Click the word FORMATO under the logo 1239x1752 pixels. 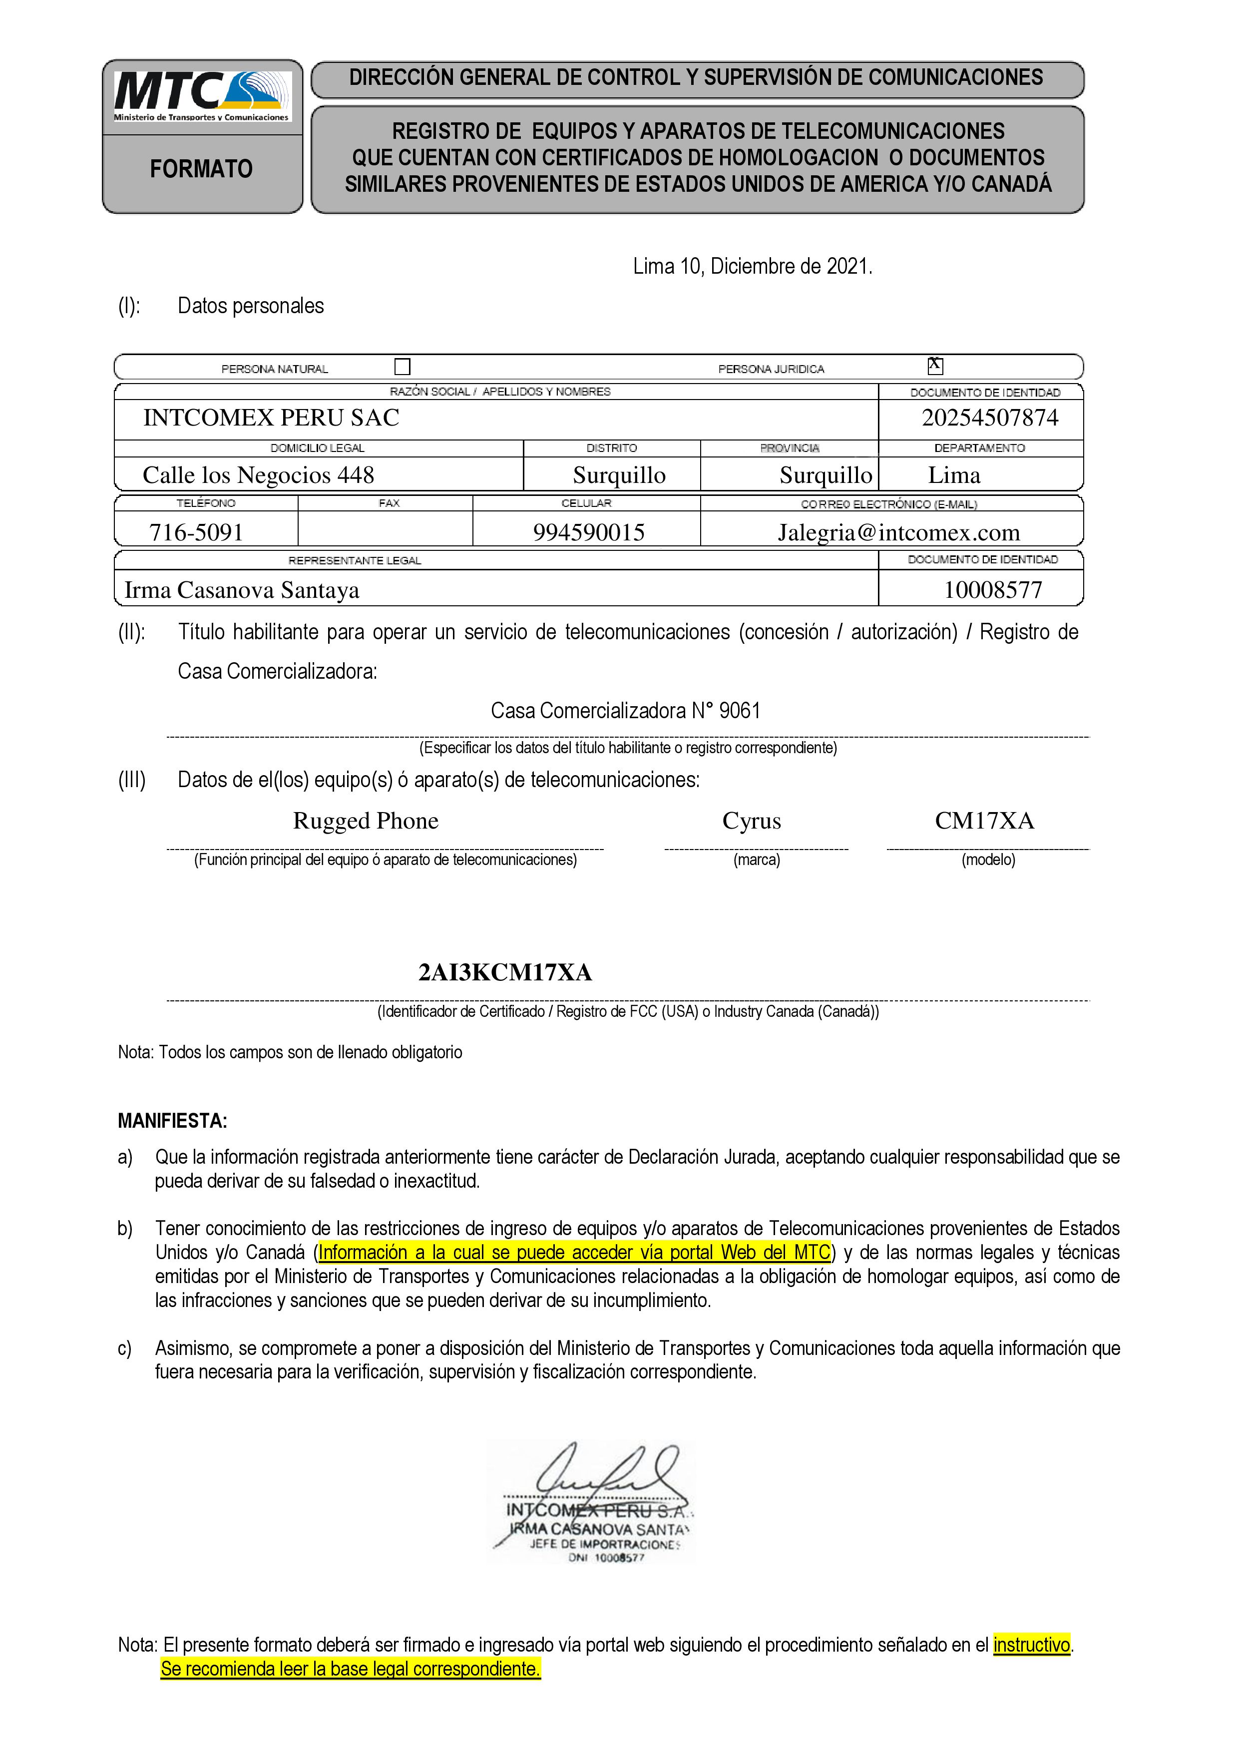click(x=201, y=169)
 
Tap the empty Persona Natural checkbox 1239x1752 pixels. click(x=402, y=367)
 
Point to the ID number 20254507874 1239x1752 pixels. click(x=989, y=418)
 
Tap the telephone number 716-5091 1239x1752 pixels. click(x=196, y=532)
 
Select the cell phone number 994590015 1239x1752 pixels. click(x=588, y=532)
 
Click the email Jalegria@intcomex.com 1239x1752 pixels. click(x=898, y=532)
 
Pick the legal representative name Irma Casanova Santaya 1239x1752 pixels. click(x=241, y=590)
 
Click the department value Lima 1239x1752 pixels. click(x=954, y=474)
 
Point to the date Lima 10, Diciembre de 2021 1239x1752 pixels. click(x=752, y=266)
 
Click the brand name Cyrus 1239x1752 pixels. click(x=752, y=820)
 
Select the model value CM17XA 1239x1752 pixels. click(x=984, y=820)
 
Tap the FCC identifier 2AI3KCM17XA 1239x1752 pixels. click(x=505, y=972)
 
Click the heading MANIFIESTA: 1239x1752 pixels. click(x=172, y=1121)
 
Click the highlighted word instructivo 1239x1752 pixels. click(x=1031, y=1645)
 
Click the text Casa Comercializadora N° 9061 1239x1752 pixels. click(x=626, y=710)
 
